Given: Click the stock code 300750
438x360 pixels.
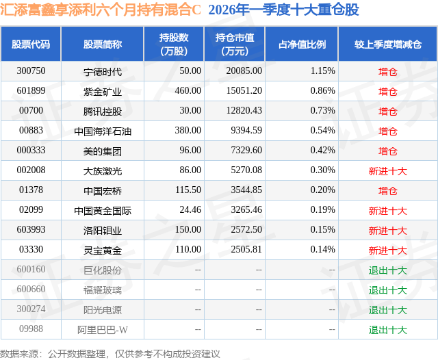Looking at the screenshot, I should coord(31,70).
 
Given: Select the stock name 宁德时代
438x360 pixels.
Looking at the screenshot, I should coord(102,70).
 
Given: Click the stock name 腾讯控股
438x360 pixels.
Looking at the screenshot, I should coord(102,110).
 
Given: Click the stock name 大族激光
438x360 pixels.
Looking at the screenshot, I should coord(102,170).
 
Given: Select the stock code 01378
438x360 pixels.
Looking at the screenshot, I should coord(31,190).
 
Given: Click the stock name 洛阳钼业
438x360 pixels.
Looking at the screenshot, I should coord(102,231).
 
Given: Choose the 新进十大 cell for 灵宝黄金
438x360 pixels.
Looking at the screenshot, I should coord(387,250).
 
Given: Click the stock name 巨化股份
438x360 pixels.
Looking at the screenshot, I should coord(102,270).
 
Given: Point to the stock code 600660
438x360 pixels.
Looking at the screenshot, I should coord(31,290).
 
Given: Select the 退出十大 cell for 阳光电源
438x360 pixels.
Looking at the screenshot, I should coord(387,310).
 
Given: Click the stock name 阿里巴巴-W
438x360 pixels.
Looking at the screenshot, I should coord(102,330).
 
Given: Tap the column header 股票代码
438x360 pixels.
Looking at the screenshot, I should coord(31,44).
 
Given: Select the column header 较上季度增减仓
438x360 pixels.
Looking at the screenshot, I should coord(387,44).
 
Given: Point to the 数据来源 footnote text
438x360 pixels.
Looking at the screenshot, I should coord(110,353).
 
